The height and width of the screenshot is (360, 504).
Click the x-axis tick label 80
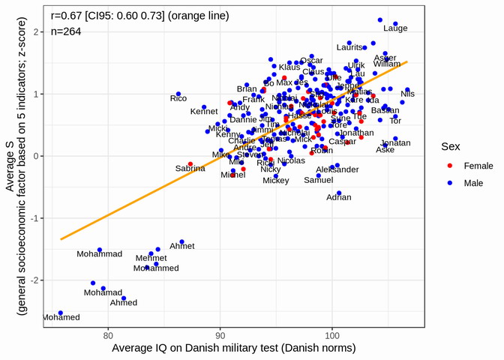(x=108, y=334)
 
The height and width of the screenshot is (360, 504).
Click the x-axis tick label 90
(x=220, y=334)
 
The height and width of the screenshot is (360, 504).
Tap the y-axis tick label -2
(x=40, y=280)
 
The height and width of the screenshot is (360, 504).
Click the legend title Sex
(x=451, y=147)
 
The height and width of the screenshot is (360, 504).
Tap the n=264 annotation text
(x=66, y=31)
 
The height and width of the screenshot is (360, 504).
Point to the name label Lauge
(x=395, y=28)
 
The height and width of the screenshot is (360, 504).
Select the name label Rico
(x=178, y=98)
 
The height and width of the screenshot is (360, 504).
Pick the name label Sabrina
(x=190, y=169)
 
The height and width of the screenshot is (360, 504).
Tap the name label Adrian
(x=339, y=198)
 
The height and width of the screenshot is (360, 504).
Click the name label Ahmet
(x=182, y=246)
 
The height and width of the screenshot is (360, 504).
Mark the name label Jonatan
(x=396, y=143)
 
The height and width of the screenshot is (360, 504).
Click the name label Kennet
(x=204, y=112)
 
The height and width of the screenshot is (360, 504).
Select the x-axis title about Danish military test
(x=233, y=349)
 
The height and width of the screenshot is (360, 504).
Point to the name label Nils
(x=407, y=94)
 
